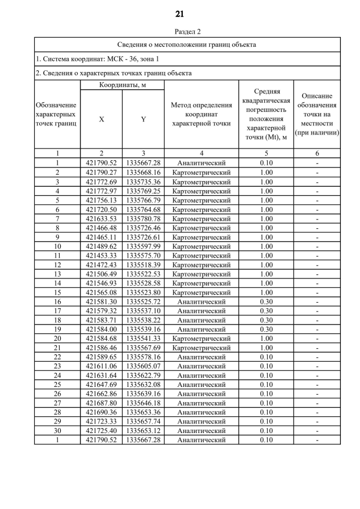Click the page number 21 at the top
pyautogui.click(x=179, y=13)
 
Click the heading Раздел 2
pyautogui.click(x=187, y=32)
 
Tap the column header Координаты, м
pyautogui.click(x=123, y=84)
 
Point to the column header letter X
pyautogui.click(x=101, y=119)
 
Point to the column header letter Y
pyautogui.click(x=143, y=119)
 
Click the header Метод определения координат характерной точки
pyautogui.click(x=201, y=114)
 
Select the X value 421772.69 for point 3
pyautogui.click(x=101, y=182)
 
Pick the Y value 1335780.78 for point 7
pyautogui.click(x=143, y=219)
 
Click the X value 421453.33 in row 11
pyautogui.click(x=101, y=256)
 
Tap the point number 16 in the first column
pyautogui.click(x=57, y=302)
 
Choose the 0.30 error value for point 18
pyautogui.click(x=267, y=320)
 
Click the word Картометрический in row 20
pyautogui.click(x=201, y=339)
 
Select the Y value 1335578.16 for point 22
pyautogui.click(x=143, y=357)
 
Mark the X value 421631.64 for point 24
pyautogui.click(x=101, y=376)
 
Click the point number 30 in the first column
pyautogui.click(x=57, y=431)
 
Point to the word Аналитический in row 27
pyautogui.click(x=201, y=403)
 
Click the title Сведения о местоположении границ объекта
pyautogui.click(x=187, y=44)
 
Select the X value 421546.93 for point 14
pyautogui.click(x=101, y=283)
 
